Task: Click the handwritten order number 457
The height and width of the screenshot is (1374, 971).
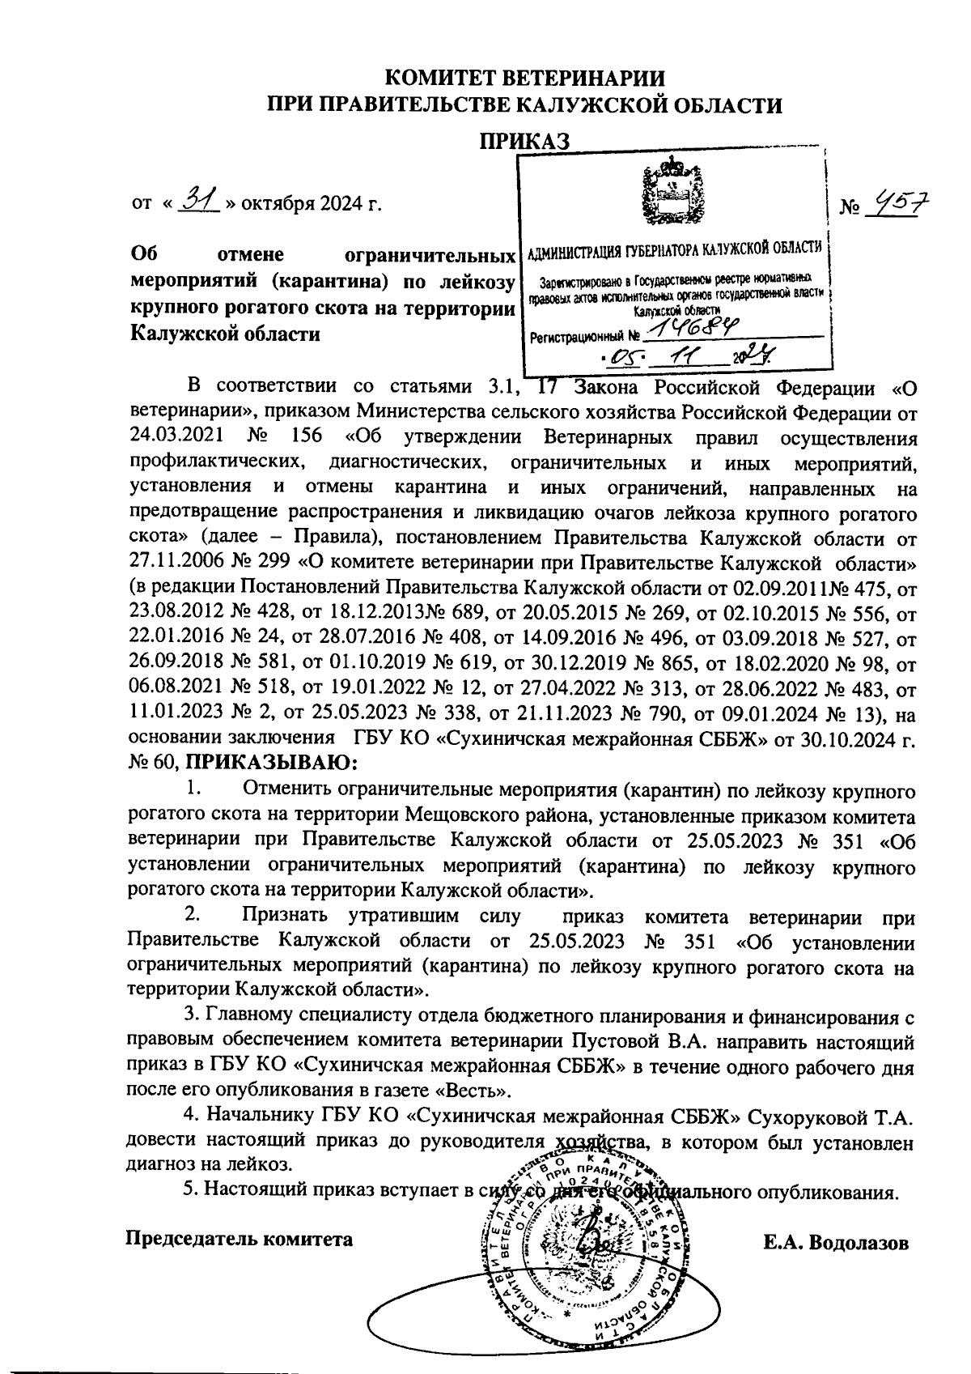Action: [896, 206]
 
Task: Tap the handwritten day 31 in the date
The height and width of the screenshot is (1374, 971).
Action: [195, 197]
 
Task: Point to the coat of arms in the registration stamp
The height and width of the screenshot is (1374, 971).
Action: [670, 191]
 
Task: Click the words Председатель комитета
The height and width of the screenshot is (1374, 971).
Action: [240, 1238]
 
